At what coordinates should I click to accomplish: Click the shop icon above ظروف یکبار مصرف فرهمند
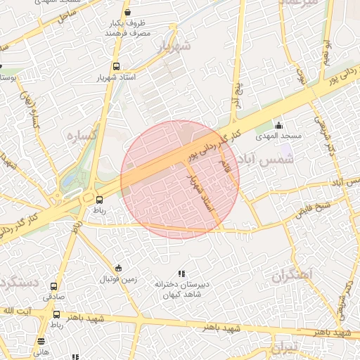pos(127,12)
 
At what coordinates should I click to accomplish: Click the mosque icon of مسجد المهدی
pos(279,125)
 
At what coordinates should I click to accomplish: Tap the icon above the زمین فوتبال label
pos(117,268)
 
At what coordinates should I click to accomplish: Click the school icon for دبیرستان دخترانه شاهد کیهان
pos(181,274)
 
